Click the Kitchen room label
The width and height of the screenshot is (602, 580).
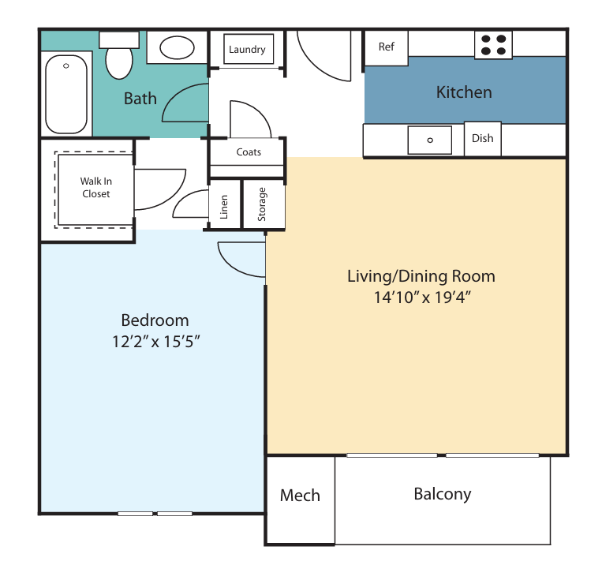point(464,92)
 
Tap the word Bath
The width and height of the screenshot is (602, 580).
point(140,99)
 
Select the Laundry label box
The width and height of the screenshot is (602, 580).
point(249,49)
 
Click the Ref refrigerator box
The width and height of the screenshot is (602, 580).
point(387,48)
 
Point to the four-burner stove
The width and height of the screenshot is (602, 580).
point(493,45)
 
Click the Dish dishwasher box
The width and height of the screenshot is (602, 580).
point(483,139)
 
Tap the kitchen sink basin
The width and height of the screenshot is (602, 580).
point(430,140)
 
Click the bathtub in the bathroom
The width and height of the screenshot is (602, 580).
point(66,94)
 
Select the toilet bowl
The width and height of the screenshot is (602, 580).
point(119,63)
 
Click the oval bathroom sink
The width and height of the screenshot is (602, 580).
point(177,47)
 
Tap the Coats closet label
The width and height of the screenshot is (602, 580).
point(249,152)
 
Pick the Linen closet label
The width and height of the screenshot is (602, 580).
point(224,207)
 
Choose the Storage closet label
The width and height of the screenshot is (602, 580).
point(261,204)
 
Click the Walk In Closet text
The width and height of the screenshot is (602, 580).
point(96,188)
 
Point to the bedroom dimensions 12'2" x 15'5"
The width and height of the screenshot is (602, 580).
point(156,342)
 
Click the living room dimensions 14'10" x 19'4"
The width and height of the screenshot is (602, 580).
point(422,297)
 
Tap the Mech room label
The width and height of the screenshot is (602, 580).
point(300,496)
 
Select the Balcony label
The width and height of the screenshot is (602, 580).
point(443,494)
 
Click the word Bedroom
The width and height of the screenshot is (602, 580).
point(155,320)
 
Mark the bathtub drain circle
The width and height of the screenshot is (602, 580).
point(66,66)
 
